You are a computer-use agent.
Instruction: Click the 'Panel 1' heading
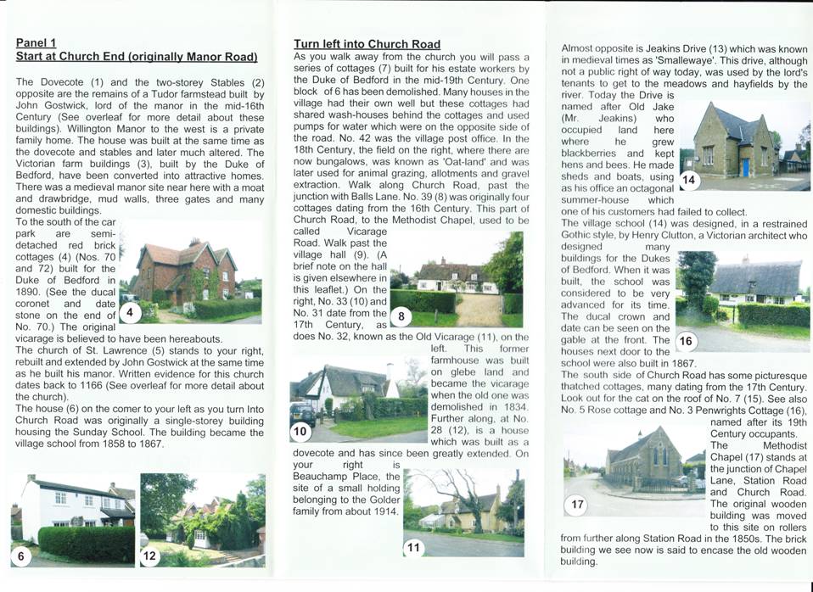point(36,42)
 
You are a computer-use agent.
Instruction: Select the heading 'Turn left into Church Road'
point(367,44)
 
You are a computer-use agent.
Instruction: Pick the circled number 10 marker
point(300,431)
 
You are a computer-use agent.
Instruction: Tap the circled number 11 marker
point(413,547)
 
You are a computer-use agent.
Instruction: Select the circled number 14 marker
point(689,180)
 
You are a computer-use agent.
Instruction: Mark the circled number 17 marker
point(577,505)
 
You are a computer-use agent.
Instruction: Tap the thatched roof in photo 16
point(755,276)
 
